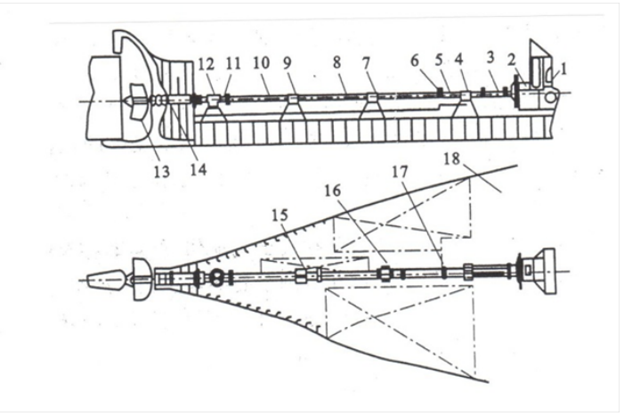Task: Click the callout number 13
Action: tap(162, 172)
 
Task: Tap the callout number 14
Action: tap(199, 169)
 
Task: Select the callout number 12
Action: tap(207, 64)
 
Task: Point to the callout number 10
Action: tap(261, 63)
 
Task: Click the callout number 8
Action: tap(337, 62)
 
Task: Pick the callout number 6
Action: tap(415, 61)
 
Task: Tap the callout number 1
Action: tap(563, 69)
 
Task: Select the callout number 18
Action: tap(451, 159)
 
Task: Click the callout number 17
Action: tap(400, 172)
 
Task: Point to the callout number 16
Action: tap(333, 192)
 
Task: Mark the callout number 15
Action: tap(280, 216)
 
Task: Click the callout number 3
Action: tap(490, 57)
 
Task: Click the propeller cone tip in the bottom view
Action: tap(87, 280)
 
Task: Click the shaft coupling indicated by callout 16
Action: tap(385, 273)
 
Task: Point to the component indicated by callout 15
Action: tap(301, 275)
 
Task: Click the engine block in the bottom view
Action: tap(539, 271)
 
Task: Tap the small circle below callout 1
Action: tap(549, 97)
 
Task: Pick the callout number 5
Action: tap(439, 61)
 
